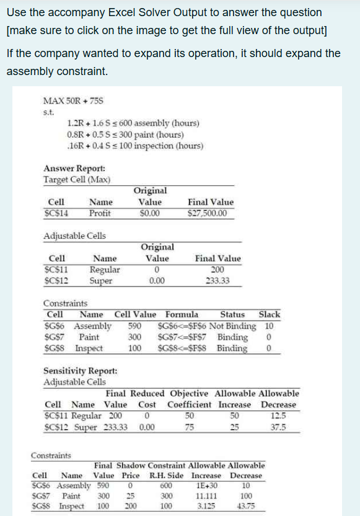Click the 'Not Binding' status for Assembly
click(x=233, y=326)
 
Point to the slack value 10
click(x=269, y=326)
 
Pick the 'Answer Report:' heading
click(x=66, y=169)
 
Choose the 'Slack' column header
click(x=269, y=314)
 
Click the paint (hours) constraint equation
click(x=125, y=135)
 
